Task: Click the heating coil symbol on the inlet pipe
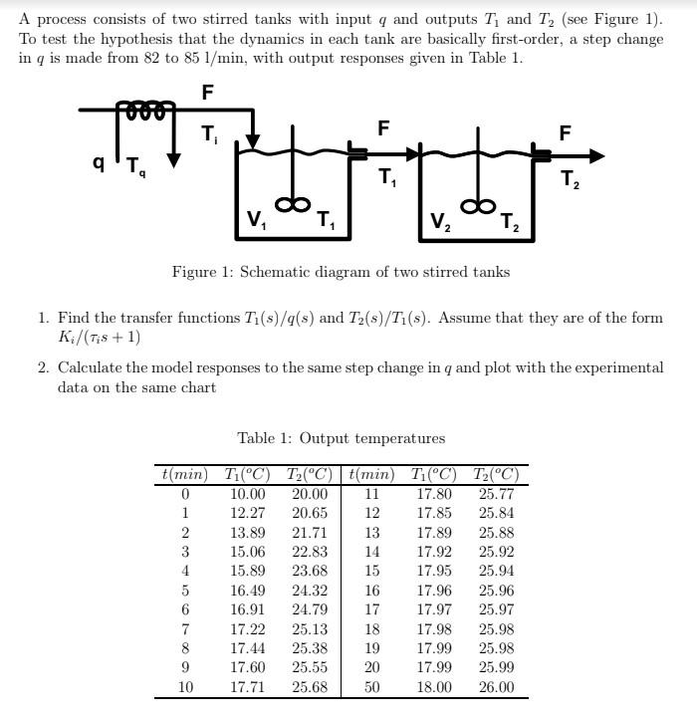point(146,108)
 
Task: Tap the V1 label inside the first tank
point(257,220)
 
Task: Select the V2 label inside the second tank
point(439,221)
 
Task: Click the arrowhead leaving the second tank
point(594,155)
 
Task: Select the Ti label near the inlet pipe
point(209,132)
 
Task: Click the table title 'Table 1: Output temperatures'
point(341,438)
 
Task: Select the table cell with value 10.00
point(248,494)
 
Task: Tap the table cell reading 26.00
point(496,687)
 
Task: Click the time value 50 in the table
point(371,687)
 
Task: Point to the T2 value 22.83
point(310,552)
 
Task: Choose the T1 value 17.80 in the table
point(434,494)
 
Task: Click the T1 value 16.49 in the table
point(248,591)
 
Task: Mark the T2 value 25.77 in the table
point(496,494)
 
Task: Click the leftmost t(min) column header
point(183,474)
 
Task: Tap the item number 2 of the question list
point(43,367)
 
